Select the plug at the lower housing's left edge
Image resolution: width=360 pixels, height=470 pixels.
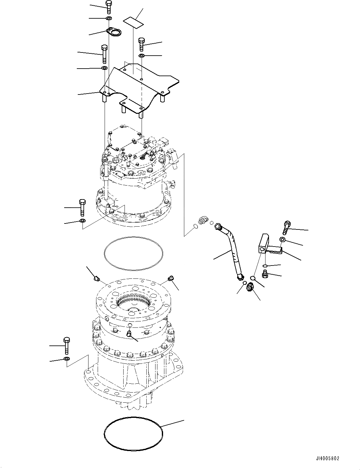(96, 278)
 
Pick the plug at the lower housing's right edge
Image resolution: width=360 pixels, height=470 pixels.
(171, 278)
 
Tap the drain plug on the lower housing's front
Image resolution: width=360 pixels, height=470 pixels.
(129, 333)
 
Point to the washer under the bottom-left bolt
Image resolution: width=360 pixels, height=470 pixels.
(66, 359)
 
